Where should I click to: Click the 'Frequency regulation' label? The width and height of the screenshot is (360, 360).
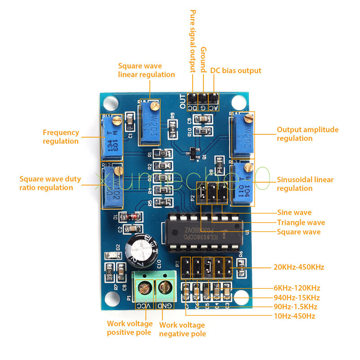[x=61, y=137]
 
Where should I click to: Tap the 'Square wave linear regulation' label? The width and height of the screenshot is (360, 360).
[x=146, y=70]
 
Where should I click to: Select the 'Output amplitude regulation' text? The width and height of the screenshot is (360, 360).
[x=307, y=134]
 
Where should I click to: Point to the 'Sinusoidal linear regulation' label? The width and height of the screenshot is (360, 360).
[x=305, y=184]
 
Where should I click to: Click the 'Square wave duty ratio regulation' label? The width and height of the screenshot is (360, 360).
[x=50, y=183]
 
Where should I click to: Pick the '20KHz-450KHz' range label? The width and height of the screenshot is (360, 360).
[x=299, y=267]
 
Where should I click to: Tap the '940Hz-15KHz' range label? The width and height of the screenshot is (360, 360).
[x=297, y=297]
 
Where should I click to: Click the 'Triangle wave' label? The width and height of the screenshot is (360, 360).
[x=301, y=222]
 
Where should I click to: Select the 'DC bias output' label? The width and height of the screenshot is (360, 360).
[x=235, y=71]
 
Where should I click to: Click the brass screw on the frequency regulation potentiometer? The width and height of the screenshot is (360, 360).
[x=117, y=120]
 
